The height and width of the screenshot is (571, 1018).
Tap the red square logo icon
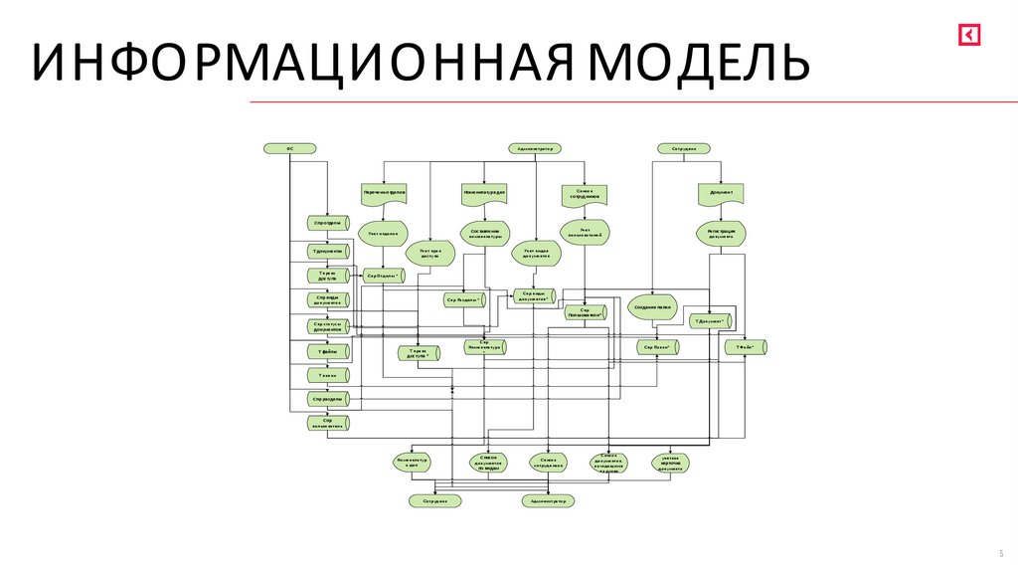click(x=969, y=35)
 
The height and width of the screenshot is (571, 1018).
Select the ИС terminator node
click(x=289, y=148)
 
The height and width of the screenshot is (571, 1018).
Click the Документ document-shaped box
click(x=722, y=192)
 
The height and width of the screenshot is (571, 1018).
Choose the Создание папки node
click(x=653, y=307)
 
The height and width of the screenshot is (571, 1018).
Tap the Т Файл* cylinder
click(x=747, y=347)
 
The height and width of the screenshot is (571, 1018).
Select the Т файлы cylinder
click(x=326, y=350)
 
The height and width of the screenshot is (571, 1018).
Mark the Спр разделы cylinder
click(x=326, y=399)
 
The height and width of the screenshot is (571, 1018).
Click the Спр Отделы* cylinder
click(x=382, y=276)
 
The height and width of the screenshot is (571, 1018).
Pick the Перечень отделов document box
click(x=383, y=191)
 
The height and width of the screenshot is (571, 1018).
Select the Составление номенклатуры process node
click(x=485, y=233)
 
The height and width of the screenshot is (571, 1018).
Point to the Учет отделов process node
click(x=383, y=234)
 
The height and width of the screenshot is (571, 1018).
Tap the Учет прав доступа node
click(x=429, y=254)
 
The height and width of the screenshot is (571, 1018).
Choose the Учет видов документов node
click(x=537, y=254)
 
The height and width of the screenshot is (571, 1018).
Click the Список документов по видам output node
click(x=488, y=463)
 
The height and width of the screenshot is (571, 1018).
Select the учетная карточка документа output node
click(x=672, y=463)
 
